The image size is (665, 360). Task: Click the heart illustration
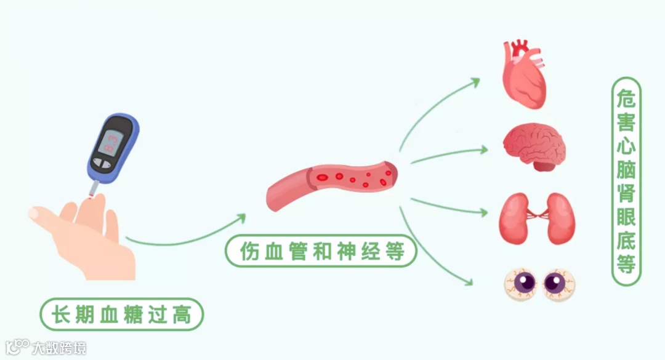point(523,77)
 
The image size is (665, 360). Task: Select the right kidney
point(560,218)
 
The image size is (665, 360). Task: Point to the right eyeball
point(558,284)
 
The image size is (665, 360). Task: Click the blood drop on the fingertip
point(92,196)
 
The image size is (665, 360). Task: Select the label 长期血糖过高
point(121,315)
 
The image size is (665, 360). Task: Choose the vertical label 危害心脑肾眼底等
point(626,182)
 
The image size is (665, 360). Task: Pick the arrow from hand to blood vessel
point(185,237)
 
